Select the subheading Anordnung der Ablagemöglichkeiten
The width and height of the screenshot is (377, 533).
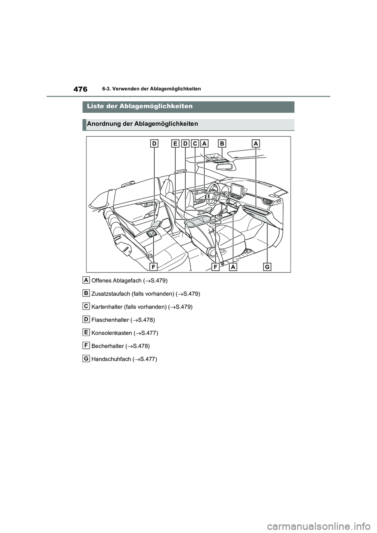142,124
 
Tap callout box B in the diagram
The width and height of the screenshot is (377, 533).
222,144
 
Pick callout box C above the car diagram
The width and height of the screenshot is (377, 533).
195,144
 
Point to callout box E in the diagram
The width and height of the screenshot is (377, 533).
175,144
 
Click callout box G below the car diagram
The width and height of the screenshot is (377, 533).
267,267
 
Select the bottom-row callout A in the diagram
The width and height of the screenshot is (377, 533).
233,267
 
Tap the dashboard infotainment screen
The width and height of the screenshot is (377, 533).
237,190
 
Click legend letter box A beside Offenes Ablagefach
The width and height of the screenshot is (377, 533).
86,279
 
